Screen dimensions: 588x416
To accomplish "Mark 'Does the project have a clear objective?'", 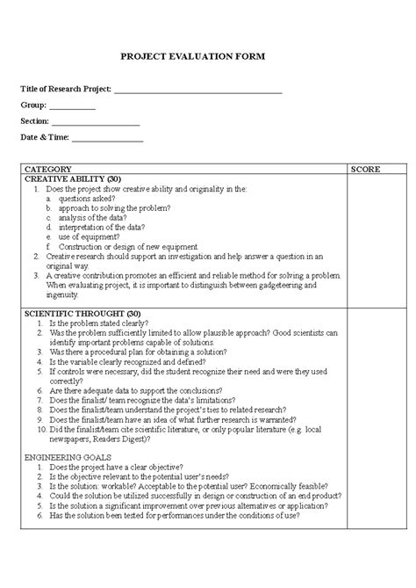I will (x=117, y=468).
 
